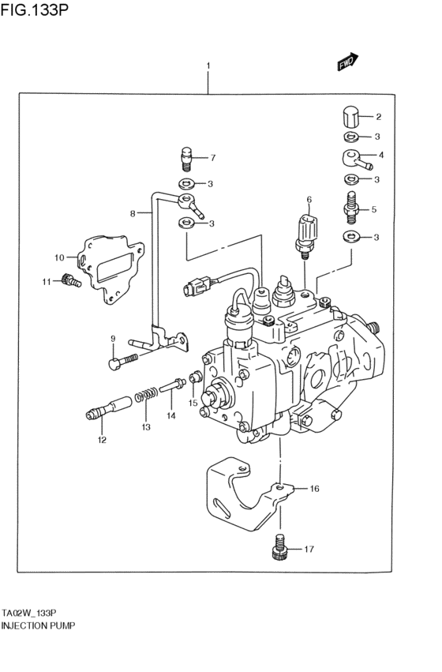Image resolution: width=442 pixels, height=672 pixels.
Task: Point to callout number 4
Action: coord(381,155)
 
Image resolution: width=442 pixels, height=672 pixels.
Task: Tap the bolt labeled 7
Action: coord(188,159)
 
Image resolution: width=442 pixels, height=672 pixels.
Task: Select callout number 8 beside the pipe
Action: coord(133,212)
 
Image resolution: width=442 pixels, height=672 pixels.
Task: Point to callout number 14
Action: coord(170,414)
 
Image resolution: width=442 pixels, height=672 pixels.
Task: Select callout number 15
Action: coord(193,403)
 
